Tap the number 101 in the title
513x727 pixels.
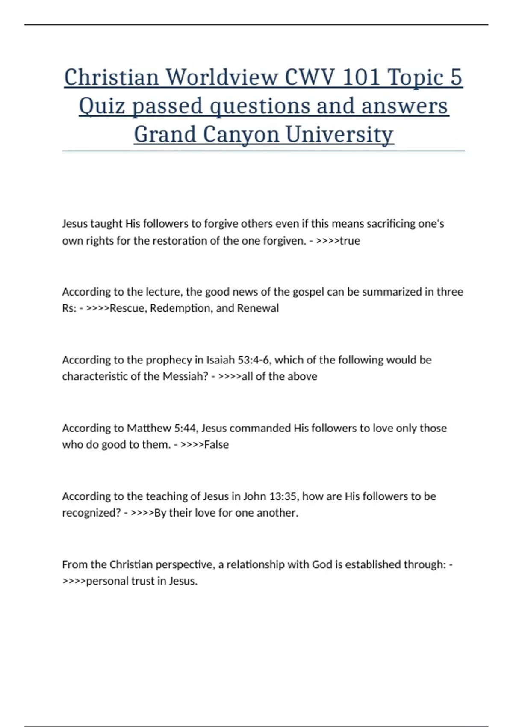[x=362, y=77]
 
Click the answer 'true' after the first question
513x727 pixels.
[x=350, y=241]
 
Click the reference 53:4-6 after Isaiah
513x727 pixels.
[x=254, y=360]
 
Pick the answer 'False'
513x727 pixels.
[x=216, y=445]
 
